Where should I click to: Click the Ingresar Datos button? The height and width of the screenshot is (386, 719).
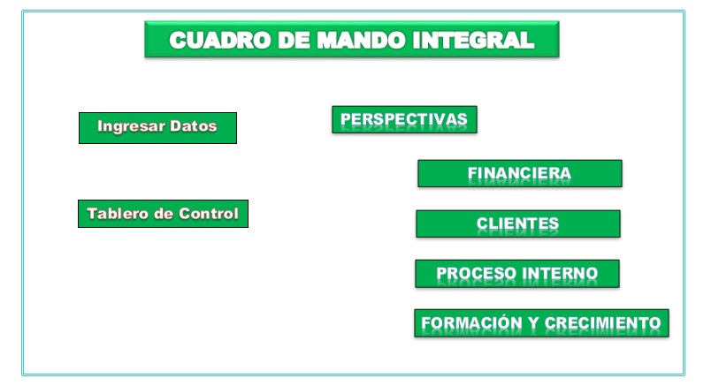pos(157,127)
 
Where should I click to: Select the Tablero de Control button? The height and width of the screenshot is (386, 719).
pos(163,214)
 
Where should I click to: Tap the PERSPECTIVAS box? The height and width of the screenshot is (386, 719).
pos(404,119)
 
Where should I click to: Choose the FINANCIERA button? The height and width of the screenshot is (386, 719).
pos(519,174)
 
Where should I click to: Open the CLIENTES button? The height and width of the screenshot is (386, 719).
pos(517,223)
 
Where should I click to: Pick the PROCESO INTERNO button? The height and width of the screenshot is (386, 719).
pos(516,274)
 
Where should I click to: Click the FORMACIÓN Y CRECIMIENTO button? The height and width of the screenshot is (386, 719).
pos(540,323)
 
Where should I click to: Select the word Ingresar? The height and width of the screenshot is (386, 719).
pos(129,126)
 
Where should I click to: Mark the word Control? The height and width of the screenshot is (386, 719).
pos(205,214)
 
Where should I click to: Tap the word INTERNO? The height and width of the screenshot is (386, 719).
pos(560,274)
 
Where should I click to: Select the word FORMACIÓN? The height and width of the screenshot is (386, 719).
pos(471,323)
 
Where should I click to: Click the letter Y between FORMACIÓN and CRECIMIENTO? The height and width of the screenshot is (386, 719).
pos(533,323)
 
